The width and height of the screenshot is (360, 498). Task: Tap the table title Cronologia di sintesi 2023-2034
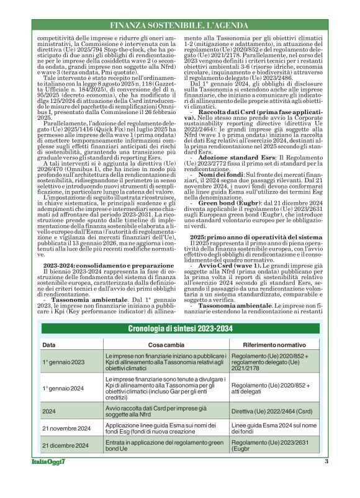tap(180, 328)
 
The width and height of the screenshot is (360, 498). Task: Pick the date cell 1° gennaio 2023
tap(63, 362)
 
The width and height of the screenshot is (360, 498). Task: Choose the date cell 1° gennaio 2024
tap(63, 388)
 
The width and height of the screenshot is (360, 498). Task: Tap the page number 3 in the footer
tap(326, 479)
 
